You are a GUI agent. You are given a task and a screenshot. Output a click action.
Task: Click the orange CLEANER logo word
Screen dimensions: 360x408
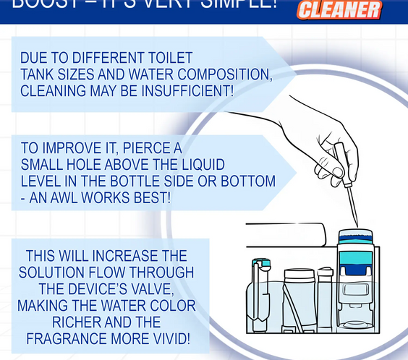point(339,10)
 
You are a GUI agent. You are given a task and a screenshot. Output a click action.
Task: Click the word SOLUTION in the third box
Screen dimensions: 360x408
point(51,273)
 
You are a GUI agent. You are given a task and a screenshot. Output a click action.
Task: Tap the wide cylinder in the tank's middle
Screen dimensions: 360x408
point(299,300)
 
